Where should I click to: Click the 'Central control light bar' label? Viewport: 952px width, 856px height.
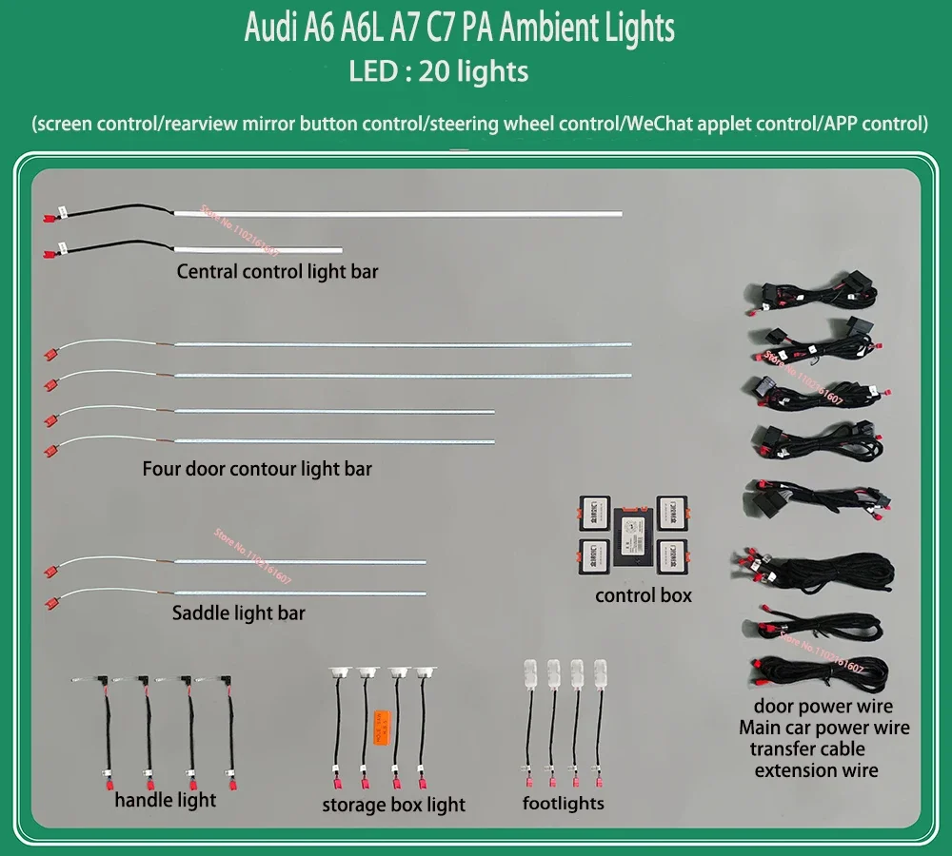[277, 272]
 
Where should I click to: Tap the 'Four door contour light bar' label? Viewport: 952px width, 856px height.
[257, 469]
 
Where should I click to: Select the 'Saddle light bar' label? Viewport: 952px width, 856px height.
[239, 613]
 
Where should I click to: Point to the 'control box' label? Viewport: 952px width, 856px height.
[644, 596]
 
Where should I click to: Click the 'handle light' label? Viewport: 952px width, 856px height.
[166, 801]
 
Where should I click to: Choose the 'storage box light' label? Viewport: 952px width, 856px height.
[393, 806]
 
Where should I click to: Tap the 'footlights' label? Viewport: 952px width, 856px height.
[564, 804]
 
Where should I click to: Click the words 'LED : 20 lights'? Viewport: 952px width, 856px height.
[439, 71]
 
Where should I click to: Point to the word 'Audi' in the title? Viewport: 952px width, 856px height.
[270, 29]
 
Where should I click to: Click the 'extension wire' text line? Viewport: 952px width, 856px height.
[816, 770]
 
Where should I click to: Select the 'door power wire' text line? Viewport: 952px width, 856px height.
[823, 707]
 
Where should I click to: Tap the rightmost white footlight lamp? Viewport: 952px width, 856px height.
[601, 674]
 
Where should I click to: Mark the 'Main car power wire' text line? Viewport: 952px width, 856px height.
[824, 729]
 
